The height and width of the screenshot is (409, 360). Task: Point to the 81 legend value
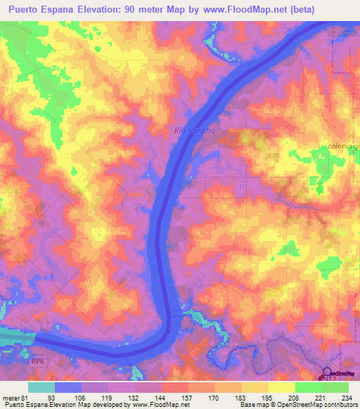27,397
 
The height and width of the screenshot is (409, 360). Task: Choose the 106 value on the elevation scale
81,397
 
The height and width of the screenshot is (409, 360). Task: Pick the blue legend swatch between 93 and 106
67,387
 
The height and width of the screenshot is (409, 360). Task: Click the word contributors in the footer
338,405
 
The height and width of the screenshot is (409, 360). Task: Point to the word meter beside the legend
10,397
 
